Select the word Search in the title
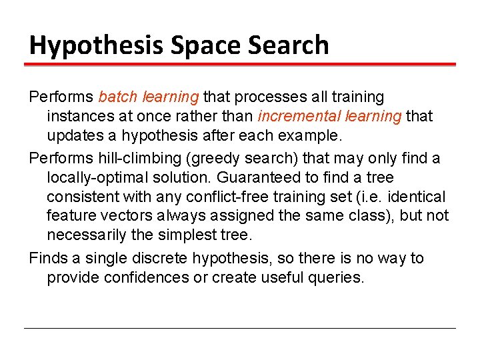(293, 45)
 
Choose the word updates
(71, 135)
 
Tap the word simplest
(186, 236)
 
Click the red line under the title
(240, 65)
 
